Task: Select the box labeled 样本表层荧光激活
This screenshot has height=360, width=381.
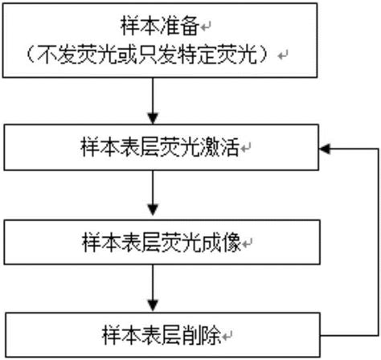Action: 159,149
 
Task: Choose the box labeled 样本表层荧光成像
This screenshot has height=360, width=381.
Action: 160,241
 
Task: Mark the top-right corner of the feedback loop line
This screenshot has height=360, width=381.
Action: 376,149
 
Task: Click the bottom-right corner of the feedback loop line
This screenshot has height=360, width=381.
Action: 376,333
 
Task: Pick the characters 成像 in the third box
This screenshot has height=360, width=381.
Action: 226,242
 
